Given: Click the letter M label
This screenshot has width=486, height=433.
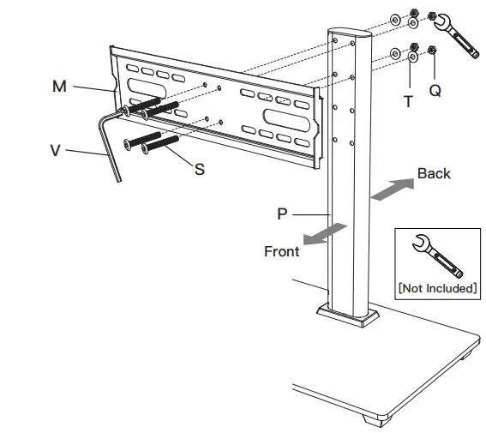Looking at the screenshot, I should [x=59, y=87].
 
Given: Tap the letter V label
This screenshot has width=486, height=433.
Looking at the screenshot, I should [x=55, y=151].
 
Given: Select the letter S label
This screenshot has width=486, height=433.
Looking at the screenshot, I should [x=200, y=169].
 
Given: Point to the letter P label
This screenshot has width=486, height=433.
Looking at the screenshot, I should [x=282, y=213].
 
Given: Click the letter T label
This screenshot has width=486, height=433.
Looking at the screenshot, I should [x=408, y=100].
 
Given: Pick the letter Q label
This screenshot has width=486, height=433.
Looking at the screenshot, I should [x=435, y=89].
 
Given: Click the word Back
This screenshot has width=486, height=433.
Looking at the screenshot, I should [x=434, y=173].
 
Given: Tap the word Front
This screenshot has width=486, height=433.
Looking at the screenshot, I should [x=282, y=251].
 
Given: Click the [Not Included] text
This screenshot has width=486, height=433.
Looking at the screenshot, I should [x=437, y=287].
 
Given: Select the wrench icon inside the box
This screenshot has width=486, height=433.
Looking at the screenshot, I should [x=436, y=256].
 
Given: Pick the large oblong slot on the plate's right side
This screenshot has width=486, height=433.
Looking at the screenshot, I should [x=286, y=119].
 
